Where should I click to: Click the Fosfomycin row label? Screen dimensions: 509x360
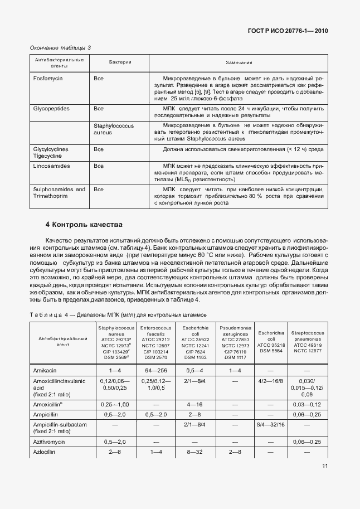(48, 79)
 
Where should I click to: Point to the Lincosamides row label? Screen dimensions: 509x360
(51, 166)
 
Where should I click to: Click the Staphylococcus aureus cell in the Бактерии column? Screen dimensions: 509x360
(114, 130)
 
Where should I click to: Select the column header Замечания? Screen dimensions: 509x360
(239, 62)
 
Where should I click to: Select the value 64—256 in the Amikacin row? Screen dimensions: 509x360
(155, 370)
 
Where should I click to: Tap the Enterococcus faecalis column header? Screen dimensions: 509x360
(155, 342)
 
